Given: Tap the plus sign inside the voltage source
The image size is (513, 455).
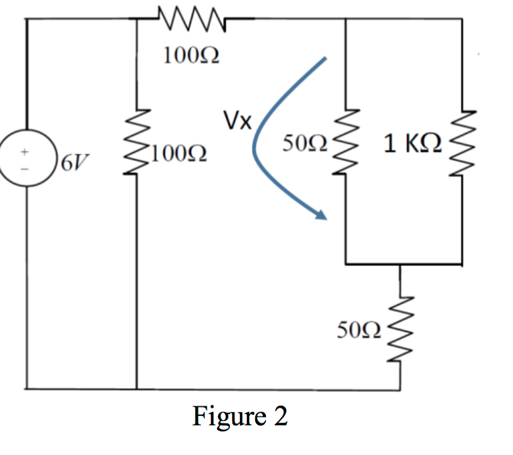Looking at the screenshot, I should click(x=26, y=151).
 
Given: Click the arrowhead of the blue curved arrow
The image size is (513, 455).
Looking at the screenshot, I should click(x=322, y=216).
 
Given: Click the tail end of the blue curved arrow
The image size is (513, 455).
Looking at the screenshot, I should click(x=326, y=58).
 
